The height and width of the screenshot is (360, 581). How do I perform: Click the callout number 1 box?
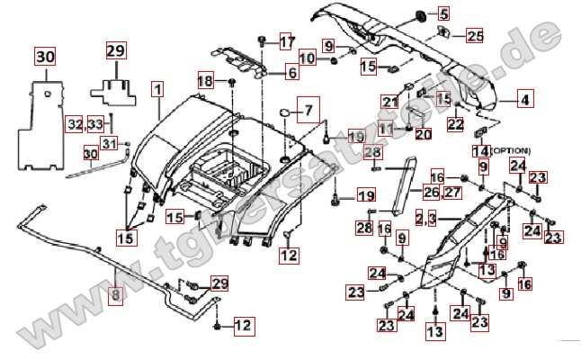tap(158, 90)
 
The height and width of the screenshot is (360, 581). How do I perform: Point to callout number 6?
tap(292, 72)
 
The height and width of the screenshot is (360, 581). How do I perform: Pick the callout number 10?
tap(308, 58)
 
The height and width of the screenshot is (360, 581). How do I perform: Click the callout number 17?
tap(286, 42)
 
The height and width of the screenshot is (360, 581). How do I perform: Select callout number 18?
tap(205, 81)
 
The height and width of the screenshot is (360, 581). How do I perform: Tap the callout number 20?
tap(424, 134)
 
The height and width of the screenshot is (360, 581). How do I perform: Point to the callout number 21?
tap(389, 101)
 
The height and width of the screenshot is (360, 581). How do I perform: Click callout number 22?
tap(456, 124)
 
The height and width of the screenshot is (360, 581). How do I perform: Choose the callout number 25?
tap(474, 36)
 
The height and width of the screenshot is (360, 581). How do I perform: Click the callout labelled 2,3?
tap(426, 218)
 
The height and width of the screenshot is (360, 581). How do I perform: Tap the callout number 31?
tap(109, 145)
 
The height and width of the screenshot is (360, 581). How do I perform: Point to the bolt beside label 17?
tap(262, 40)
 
